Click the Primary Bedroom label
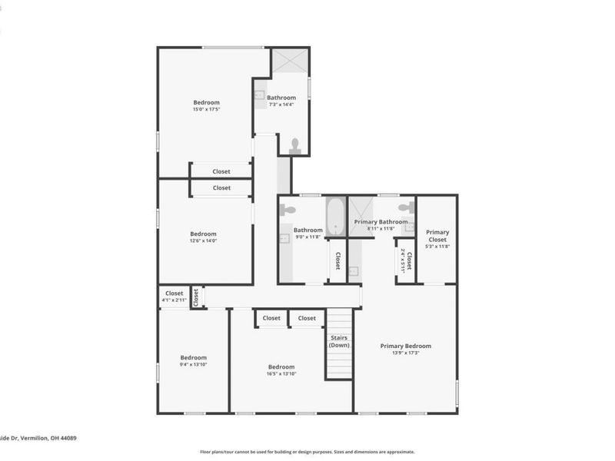(406, 346)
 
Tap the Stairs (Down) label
(339, 342)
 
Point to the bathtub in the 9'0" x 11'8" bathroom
(336, 217)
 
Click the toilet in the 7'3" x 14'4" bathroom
(294, 144)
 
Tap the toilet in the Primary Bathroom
(405, 207)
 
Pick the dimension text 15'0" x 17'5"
(206, 110)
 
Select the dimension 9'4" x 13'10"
(194, 364)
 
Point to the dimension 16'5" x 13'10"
(281, 374)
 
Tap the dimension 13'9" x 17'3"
(406, 353)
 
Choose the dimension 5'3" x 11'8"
(437, 246)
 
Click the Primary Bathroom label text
(381, 222)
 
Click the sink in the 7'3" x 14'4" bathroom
(260, 96)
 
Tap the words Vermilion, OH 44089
(50, 438)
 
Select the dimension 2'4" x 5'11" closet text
(402, 261)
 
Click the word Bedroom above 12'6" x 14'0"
(204, 234)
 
